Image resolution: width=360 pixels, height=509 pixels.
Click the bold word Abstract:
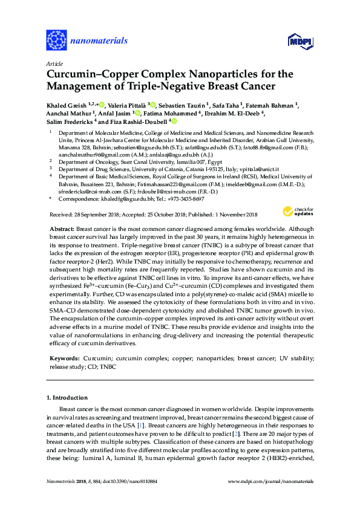[x=62, y=213]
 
